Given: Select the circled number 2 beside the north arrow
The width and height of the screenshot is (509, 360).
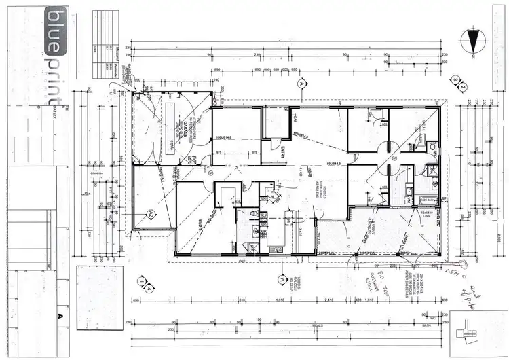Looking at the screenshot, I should (463, 87).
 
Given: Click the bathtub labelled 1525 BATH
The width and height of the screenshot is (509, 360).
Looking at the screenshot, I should (428, 200).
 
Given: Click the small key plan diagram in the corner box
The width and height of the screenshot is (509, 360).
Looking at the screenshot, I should (469, 332).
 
